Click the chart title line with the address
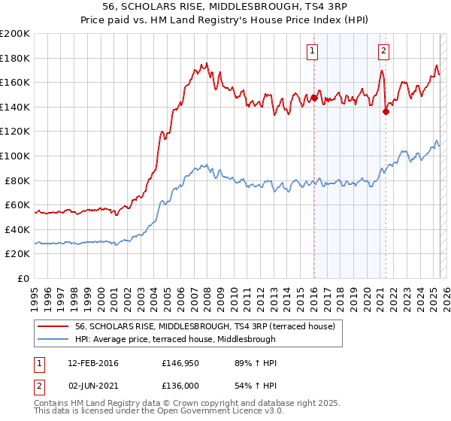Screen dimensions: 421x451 225,7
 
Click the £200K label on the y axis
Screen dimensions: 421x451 15,34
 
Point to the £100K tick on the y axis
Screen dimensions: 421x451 15,156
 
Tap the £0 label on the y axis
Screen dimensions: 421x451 24,278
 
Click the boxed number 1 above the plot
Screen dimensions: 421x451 312,51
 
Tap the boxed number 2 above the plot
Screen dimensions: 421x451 383,51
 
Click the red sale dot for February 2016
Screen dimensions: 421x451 313,98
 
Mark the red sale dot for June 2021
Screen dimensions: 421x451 386,111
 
